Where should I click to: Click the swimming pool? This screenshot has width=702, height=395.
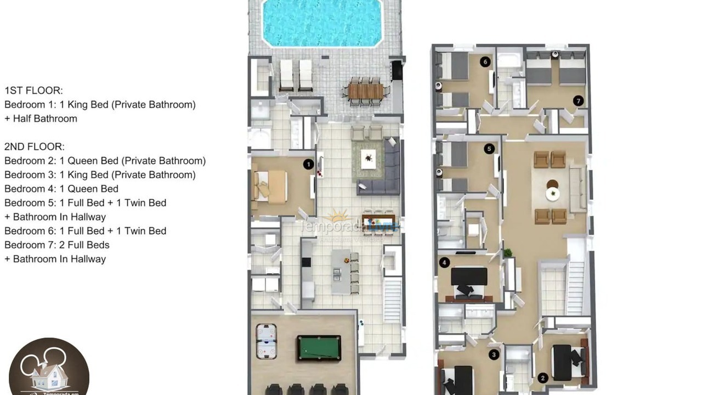tap(322, 22)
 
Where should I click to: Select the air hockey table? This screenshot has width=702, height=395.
tap(267, 341)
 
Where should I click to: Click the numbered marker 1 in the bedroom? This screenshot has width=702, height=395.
tap(308, 164)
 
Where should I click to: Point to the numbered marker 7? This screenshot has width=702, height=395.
tap(578, 100)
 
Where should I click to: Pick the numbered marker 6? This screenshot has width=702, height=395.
tap(485, 62)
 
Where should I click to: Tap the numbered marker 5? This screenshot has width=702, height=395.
tap(489, 149)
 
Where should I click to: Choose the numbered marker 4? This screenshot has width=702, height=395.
tap(444, 263)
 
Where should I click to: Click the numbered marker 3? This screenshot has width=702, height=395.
tap(494, 355)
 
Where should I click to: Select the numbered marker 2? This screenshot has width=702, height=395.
tap(543, 378)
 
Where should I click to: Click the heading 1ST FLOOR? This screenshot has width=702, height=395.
tap(33, 91)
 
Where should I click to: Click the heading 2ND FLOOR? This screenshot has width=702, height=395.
tap(35, 146)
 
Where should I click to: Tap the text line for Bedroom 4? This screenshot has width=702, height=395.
tap(61, 189)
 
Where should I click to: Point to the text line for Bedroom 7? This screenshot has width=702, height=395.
tap(57, 245)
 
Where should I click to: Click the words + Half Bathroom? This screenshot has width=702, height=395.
tap(41, 119)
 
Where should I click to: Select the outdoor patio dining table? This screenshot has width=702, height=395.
tap(365, 91)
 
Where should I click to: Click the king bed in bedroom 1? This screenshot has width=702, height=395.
tap(270, 187)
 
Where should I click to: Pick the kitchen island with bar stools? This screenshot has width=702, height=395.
tap(342, 272)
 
